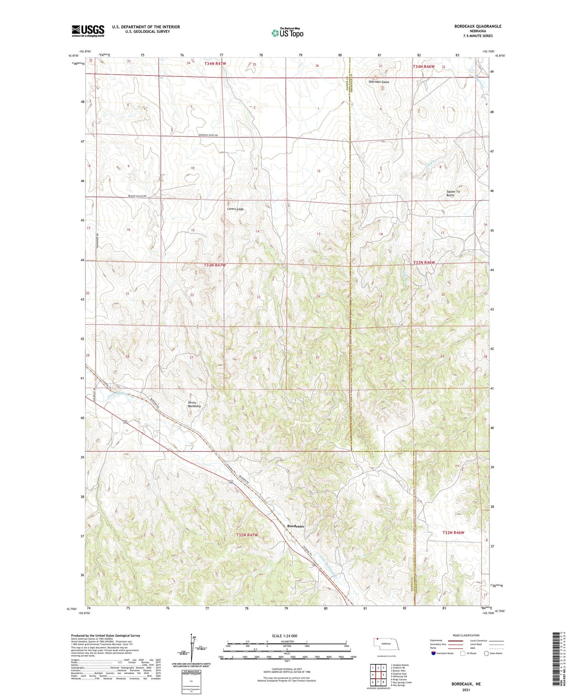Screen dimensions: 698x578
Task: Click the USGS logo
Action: coord(88,31)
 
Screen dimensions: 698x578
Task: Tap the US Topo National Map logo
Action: coord(287,32)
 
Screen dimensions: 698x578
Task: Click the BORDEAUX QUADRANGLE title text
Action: coord(478,26)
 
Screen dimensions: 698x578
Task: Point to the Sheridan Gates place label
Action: coord(378,82)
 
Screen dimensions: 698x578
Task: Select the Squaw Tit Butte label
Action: coord(453,193)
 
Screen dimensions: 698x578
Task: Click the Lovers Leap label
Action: coord(235,209)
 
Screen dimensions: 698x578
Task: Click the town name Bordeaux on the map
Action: coord(296,526)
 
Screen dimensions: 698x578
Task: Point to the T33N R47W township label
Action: coord(215,265)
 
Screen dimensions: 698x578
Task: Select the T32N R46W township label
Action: coord(453,532)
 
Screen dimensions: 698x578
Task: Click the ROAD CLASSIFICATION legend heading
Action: coord(466,635)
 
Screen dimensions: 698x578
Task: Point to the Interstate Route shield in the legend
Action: coord(434,653)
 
